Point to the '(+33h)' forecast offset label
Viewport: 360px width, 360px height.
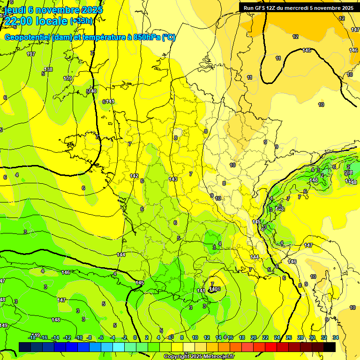[x=82, y=21]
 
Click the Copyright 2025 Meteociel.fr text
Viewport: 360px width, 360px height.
[x=199, y=357]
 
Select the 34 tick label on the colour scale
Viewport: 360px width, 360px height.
[x=336, y=337]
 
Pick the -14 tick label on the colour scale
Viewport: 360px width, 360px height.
[x=55, y=337]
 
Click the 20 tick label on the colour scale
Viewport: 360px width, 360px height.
[x=254, y=337]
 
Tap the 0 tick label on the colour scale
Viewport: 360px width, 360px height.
[x=135, y=337]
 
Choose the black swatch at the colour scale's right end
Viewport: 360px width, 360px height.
[x=330, y=347]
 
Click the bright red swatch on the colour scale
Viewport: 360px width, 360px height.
[x=271, y=347]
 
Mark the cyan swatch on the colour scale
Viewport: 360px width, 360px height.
[x=119, y=347]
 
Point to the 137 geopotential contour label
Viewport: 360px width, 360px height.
[x=31, y=54]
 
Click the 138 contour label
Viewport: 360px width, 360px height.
[x=48, y=69]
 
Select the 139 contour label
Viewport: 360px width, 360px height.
[x=68, y=78]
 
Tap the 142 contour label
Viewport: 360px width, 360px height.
[x=134, y=176]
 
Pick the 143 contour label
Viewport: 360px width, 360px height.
[x=173, y=179]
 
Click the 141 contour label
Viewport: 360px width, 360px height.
[x=110, y=101]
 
